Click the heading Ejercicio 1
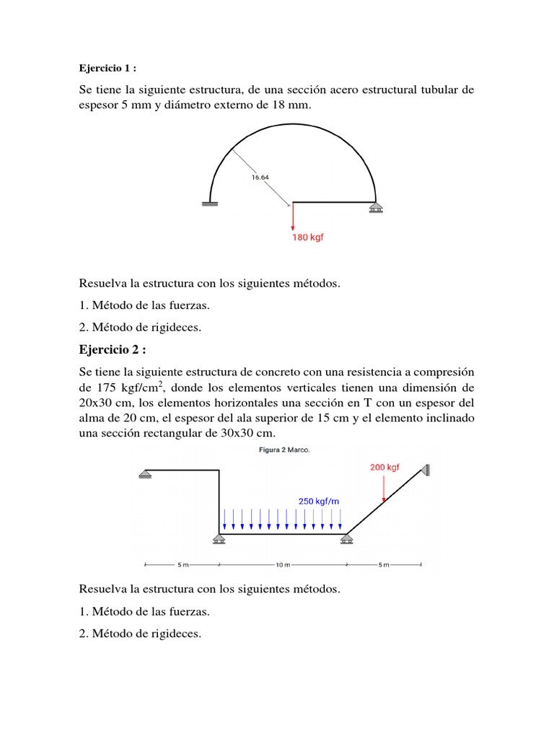click(107, 69)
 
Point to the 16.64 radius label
click(260, 176)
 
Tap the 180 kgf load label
click(307, 237)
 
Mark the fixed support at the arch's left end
click(210, 205)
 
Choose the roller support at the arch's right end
click(375, 207)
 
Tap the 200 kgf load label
click(384, 467)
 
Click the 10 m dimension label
click(282, 564)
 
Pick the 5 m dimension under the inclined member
click(383, 564)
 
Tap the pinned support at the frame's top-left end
click(145, 474)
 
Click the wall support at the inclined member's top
click(427, 470)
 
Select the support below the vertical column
click(219, 539)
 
